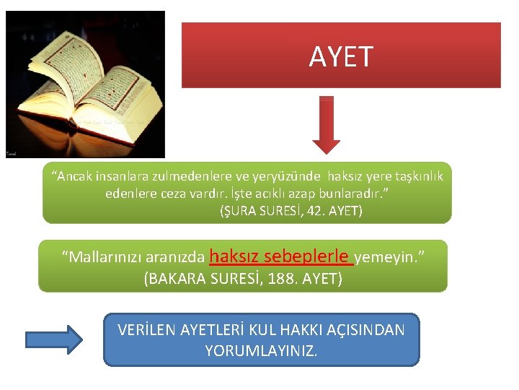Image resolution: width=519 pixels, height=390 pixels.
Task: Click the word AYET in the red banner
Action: (x=341, y=56)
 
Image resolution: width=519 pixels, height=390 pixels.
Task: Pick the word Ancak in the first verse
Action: (x=73, y=176)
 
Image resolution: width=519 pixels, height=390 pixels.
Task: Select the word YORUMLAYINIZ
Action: (x=261, y=352)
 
